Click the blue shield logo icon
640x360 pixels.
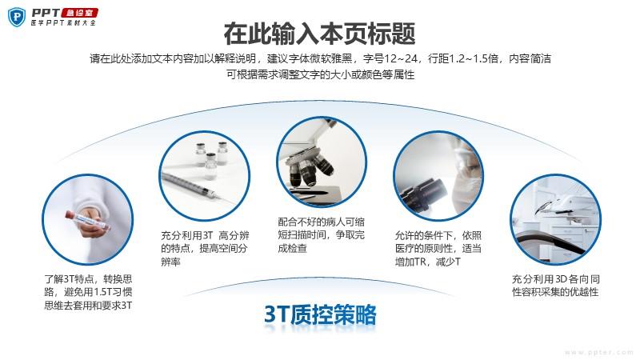tap(17, 17)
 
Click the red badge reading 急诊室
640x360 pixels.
tap(80, 13)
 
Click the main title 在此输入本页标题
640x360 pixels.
tap(319, 34)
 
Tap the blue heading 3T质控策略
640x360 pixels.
tap(321, 314)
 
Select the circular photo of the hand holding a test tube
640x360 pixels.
tap(88, 219)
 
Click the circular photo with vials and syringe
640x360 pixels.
tap(205, 176)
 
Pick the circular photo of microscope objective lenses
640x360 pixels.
tap(322, 162)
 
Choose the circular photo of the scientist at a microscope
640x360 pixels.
tap(438, 176)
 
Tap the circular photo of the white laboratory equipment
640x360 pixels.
tap(555, 219)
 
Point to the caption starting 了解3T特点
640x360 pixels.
tap(88, 292)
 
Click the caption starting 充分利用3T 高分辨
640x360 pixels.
tap(205, 248)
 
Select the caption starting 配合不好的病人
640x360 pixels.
tap(322, 235)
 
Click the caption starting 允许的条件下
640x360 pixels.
tap(438, 248)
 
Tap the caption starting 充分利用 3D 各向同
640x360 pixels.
tap(556, 286)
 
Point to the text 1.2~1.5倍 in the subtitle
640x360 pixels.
tap(474, 58)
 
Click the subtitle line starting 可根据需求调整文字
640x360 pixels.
tap(321, 74)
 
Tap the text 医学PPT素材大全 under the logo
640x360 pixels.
tap(63, 23)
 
